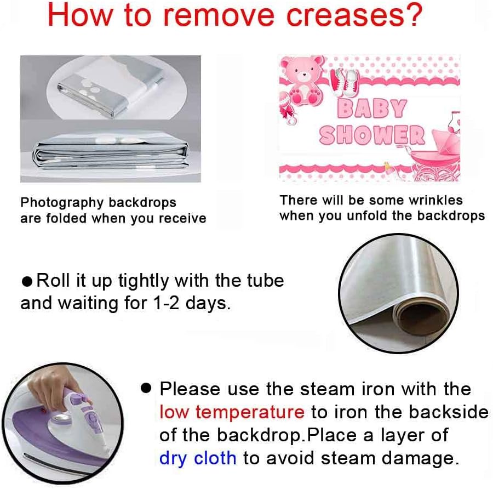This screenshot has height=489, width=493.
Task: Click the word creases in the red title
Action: point(345,15)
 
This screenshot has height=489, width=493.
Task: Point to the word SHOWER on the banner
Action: point(372,135)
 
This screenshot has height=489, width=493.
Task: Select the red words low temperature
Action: point(232,412)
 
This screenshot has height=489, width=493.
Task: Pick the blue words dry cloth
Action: point(198,458)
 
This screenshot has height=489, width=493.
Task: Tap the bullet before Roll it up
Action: point(27,281)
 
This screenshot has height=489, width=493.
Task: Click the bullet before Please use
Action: point(146,388)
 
